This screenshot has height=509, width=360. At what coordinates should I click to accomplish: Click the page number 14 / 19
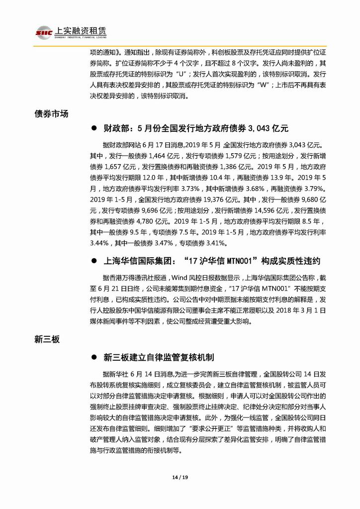tap(180, 479)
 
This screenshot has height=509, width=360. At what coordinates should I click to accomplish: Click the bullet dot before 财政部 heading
tap(93, 128)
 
